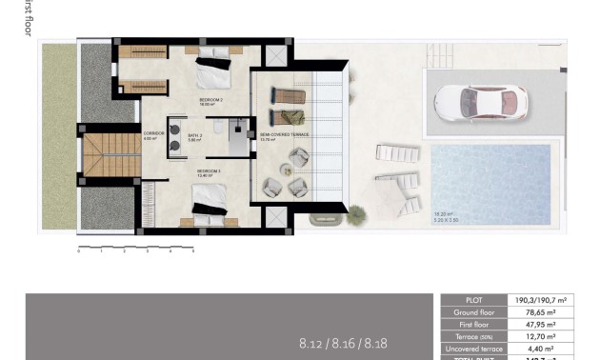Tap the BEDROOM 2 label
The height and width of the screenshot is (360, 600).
[210, 99]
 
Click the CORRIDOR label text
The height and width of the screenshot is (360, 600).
[153, 133]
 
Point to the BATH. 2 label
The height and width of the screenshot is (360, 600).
[196, 134]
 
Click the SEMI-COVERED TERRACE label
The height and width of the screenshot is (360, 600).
[285, 134]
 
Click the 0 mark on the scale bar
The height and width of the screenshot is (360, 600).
[78, 252]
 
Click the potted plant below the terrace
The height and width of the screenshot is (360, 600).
[356, 212]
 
